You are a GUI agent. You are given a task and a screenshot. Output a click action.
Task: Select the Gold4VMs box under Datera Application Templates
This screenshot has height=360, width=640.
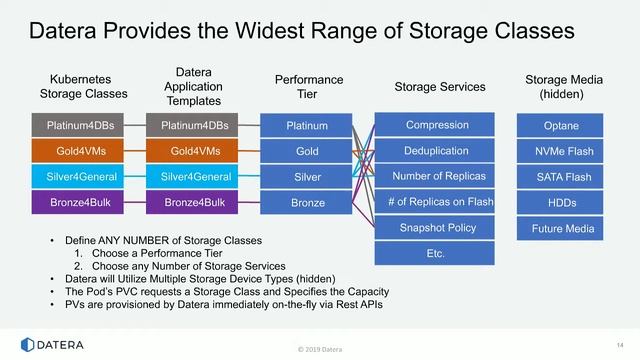click(195, 151)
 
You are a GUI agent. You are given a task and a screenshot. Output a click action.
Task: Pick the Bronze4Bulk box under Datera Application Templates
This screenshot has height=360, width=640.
click(195, 203)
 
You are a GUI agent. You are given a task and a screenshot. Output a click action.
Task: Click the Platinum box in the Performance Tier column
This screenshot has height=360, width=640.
click(307, 126)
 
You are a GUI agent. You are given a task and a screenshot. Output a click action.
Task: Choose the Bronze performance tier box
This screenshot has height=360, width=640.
click(307, 203)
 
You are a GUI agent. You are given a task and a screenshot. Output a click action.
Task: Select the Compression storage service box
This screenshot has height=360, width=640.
click(436, 125)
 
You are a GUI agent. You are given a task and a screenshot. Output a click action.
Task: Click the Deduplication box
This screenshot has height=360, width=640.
click(436, 151)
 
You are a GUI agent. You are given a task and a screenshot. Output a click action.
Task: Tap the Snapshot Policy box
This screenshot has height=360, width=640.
click(436, 228)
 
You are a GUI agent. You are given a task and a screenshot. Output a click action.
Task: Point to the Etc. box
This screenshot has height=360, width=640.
click(436, 254)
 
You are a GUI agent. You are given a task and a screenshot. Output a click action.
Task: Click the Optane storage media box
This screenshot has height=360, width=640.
click(561, 126)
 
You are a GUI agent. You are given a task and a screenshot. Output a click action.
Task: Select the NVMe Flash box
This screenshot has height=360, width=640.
click(561, 151)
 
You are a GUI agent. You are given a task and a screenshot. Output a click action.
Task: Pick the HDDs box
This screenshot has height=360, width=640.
click(561, 203)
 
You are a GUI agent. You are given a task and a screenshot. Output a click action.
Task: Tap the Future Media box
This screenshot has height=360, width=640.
click(561, 229)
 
